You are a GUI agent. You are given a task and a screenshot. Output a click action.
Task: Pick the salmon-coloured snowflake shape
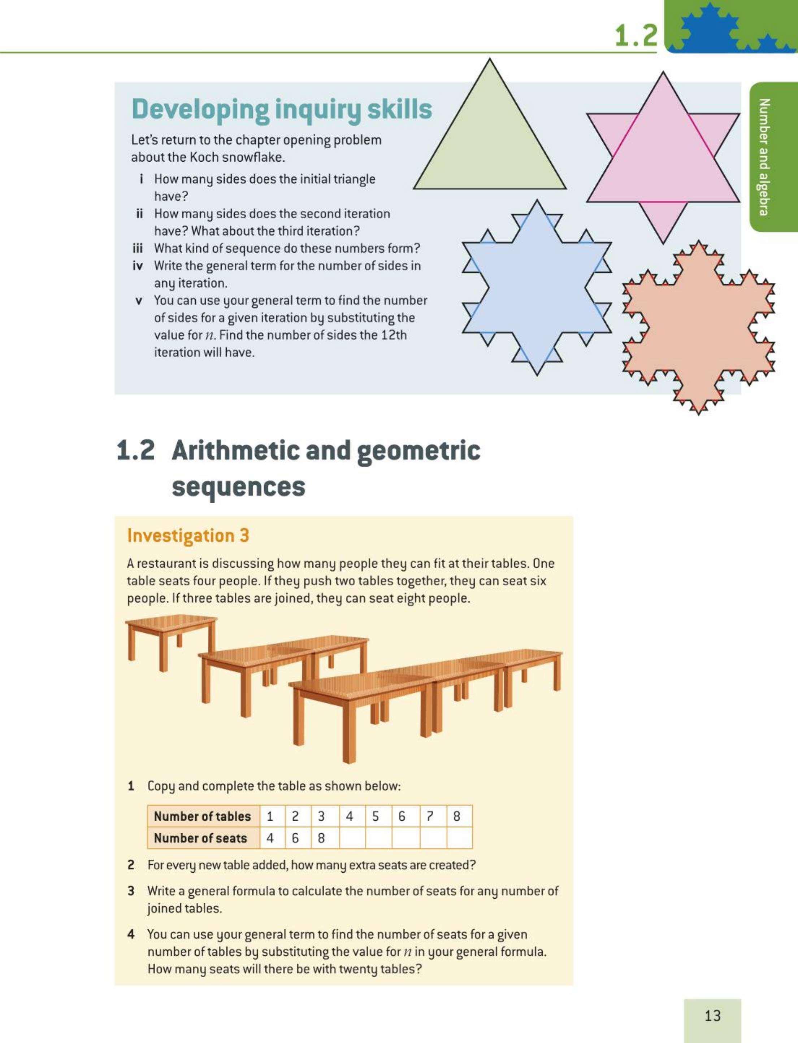pos(698,328)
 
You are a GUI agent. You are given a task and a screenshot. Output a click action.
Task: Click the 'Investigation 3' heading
pos(188,536)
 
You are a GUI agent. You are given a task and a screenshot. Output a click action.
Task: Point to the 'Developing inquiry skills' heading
pos(282,110)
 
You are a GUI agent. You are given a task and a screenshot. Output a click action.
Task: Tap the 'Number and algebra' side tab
pos(763,157)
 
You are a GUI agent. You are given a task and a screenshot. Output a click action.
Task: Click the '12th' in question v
pos(394,335)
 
